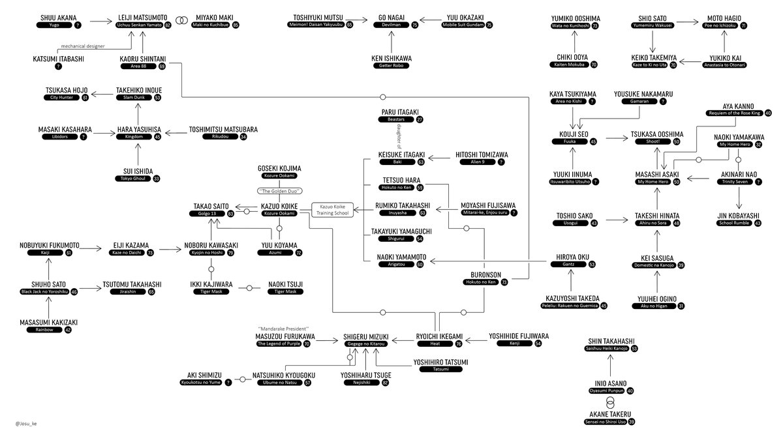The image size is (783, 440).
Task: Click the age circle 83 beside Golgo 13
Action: point(231,214)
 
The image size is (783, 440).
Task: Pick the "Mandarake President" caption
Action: point(284,328)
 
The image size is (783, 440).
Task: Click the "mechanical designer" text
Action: point(83,46)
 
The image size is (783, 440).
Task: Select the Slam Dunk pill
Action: point(134,98)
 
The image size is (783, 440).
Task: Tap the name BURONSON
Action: point(484,274)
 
